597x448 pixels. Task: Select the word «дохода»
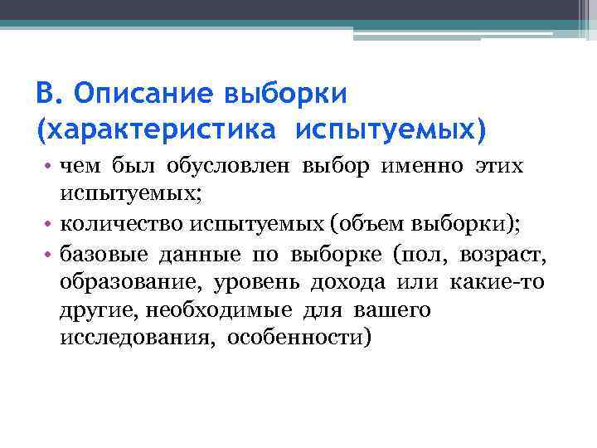tap(348, 282)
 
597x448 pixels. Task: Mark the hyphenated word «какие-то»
tap(498, 282)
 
